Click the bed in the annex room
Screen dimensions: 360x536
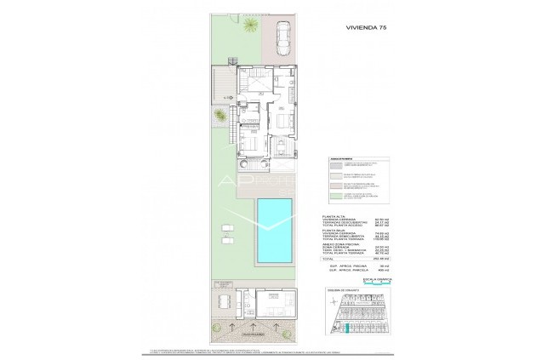(277, 300)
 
